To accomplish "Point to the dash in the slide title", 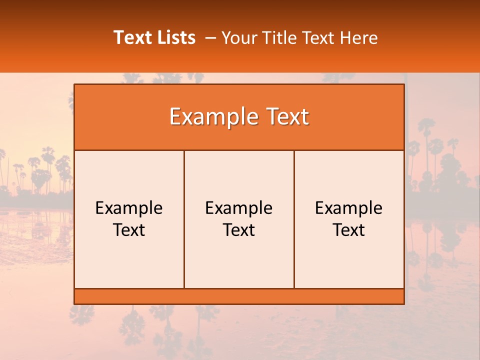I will coord(210,38).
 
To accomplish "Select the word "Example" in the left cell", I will coord(129,208).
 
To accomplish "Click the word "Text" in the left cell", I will coord(129,230).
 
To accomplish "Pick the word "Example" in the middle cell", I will coord(239,208).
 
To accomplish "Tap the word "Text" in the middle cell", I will coord(239,230).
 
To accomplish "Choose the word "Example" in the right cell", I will coord(349,208).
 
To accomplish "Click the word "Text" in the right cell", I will coord(349,230).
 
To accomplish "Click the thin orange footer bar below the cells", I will coord(239,296).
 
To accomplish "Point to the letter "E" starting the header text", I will coord(175,117).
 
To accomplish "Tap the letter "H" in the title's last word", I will coord(345,37).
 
